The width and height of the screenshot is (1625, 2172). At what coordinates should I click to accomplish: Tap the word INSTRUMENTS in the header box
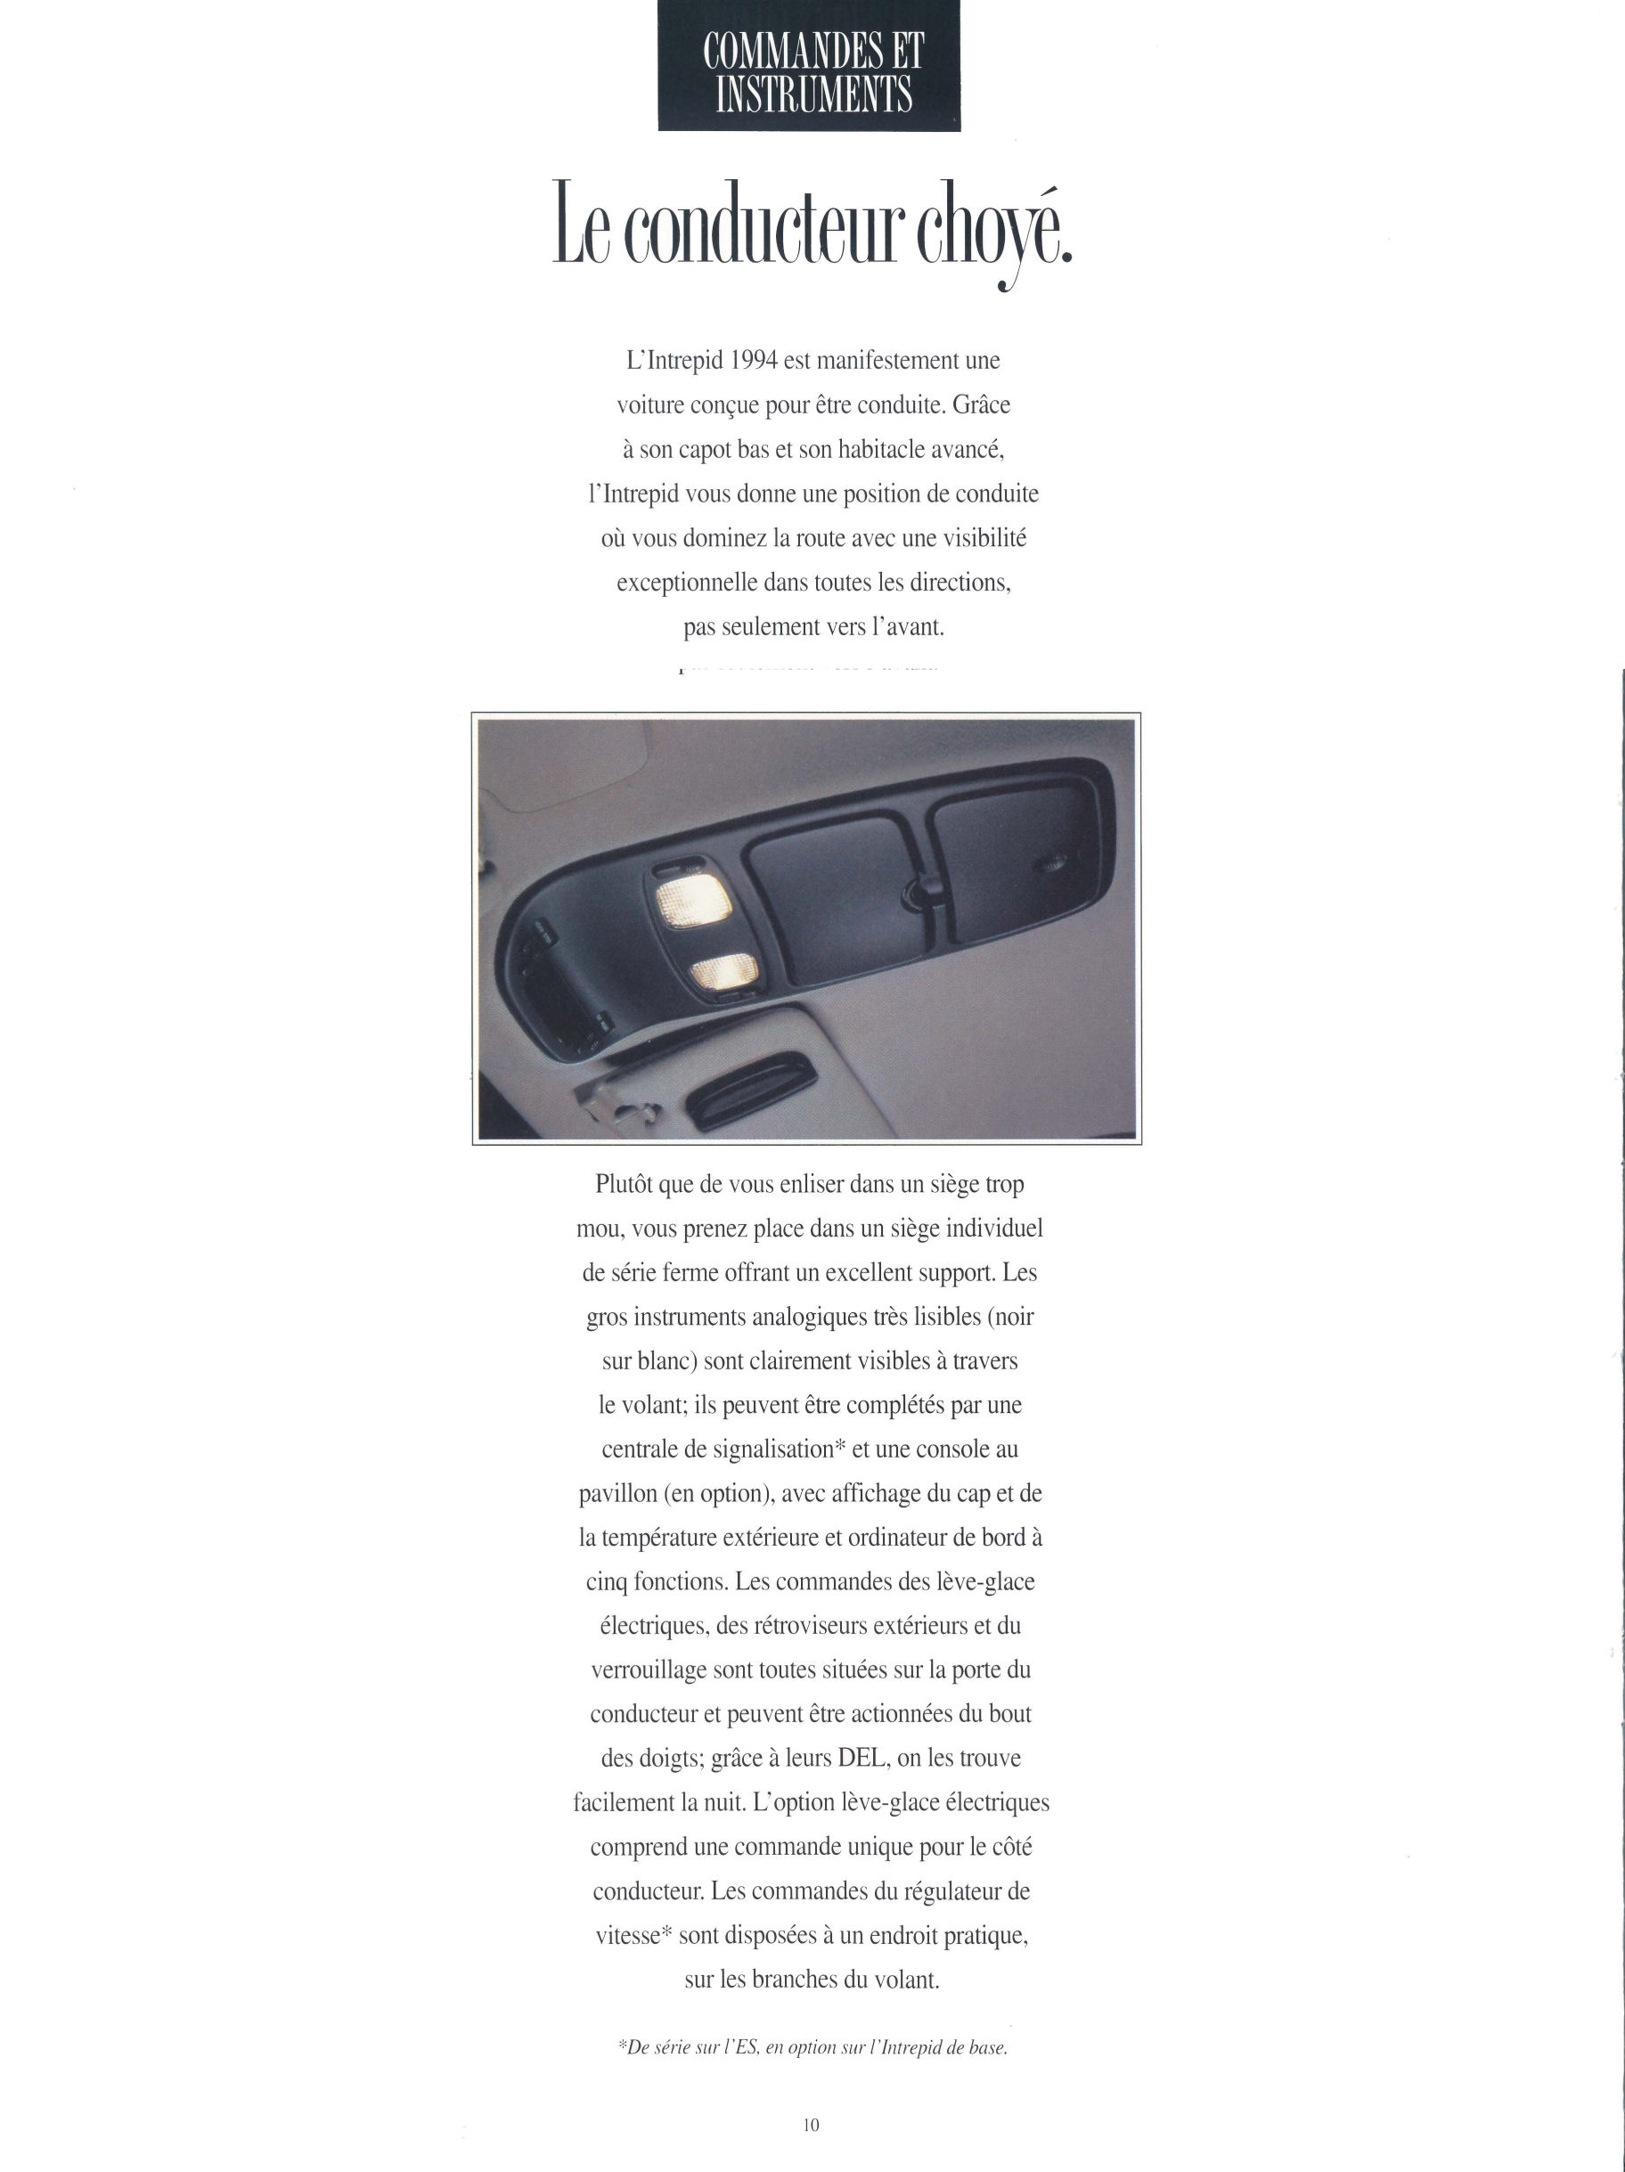pos(814,96)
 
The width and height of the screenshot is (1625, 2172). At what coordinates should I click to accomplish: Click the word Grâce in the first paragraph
pos(981,404)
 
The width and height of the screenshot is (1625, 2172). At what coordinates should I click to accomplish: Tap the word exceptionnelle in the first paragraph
pos(686,583)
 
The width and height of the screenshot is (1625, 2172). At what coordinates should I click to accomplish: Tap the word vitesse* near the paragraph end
pos(633,1935)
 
